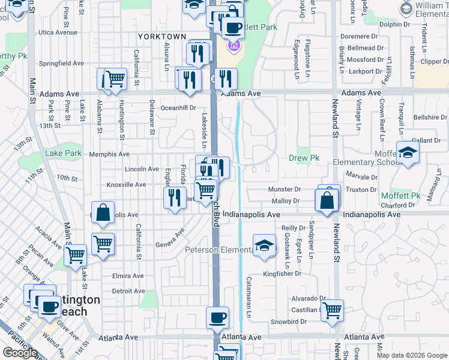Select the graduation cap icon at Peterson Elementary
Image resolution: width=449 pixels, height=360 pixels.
264,245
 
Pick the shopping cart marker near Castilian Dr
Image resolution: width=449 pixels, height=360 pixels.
331,311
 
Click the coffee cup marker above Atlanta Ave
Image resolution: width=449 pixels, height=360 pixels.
217,317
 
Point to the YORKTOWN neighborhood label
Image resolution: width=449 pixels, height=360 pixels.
162,37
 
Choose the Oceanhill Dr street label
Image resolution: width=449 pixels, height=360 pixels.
179,108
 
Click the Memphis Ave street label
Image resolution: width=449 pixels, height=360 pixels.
106,154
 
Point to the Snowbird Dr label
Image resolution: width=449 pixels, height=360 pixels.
288,322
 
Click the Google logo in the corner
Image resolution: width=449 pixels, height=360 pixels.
20,353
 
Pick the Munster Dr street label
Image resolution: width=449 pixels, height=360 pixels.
285,190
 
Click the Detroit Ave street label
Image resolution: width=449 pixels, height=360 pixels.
128,291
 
